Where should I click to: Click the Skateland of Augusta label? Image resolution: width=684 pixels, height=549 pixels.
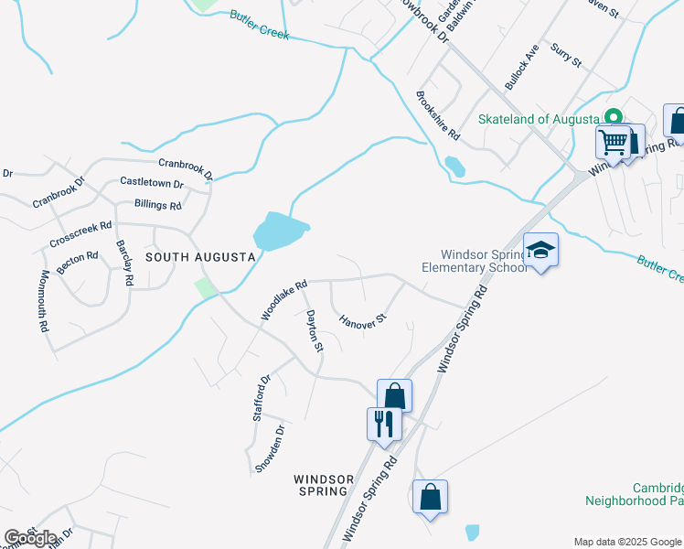pyautogui.click(x=538, y=119)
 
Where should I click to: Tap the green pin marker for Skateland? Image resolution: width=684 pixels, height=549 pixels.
pyautogui.click(x=615, y=118)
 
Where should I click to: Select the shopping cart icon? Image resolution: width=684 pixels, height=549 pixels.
pyautogui.click(x=613, y=143)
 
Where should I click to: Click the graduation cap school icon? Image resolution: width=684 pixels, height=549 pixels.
pyautogui.click(x=540, y=250)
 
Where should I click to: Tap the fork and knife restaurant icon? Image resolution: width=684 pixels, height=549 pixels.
pyautogui.click(x=382, y=423)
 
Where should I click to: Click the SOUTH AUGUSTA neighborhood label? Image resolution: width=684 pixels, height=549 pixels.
pyautogui.click(x=199, y=257)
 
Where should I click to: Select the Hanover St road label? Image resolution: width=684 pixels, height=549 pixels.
pyautogui.click(x=364, y=321)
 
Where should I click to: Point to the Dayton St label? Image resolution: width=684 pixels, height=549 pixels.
pyautogui.click(x=315, y=330)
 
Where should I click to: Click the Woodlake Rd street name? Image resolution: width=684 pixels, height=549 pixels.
pyautogui.click(x=283, y=299)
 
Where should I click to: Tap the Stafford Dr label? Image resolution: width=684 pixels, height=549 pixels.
pyautogui.click(x=262, y=397)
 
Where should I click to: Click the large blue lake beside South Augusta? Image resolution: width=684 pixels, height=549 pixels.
pyautogui.click(x=279, y=231)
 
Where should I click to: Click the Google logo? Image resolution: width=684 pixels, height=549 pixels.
pyautogui.click(x=30, y=538)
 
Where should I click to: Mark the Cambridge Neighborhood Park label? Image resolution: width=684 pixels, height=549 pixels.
pyautogui.click(x=640, y=494)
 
